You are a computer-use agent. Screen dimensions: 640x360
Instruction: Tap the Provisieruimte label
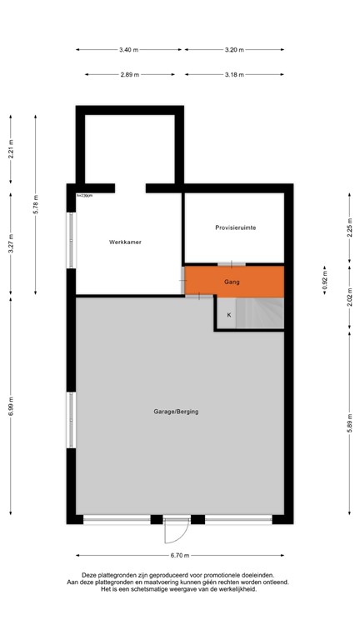coord(235,227)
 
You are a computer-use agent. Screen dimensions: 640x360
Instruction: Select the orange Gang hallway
coord(232,282)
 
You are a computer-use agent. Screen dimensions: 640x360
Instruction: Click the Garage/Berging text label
coord(175,412)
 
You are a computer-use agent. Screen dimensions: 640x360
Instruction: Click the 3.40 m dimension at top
coord(128,50)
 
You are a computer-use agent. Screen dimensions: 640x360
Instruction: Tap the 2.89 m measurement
coord(128,75)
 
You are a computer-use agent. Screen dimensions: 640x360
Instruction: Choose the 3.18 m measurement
coord(235,75)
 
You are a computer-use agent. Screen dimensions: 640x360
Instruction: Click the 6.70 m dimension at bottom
coord(180,556)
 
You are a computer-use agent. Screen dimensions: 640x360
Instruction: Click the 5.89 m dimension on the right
coord(351,420)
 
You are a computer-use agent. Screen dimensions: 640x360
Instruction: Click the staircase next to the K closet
coord(260,315)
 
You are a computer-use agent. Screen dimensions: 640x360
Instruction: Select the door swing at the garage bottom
coord(177,531)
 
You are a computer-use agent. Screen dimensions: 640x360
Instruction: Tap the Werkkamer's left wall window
coord(71,242)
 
